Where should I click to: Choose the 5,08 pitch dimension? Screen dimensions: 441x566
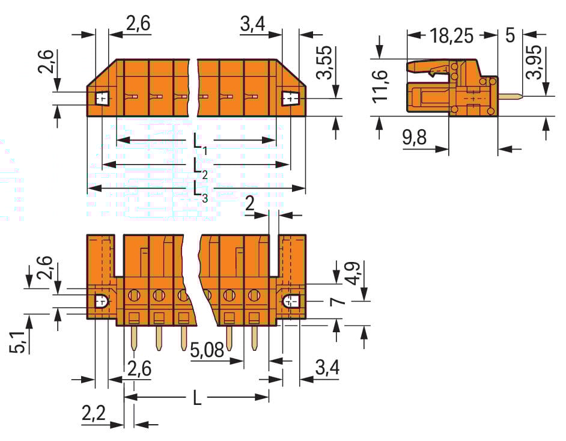209,350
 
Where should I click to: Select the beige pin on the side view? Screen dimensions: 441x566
509,96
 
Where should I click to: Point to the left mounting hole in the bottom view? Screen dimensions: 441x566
101,300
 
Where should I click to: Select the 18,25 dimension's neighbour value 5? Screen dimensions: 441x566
510,35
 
